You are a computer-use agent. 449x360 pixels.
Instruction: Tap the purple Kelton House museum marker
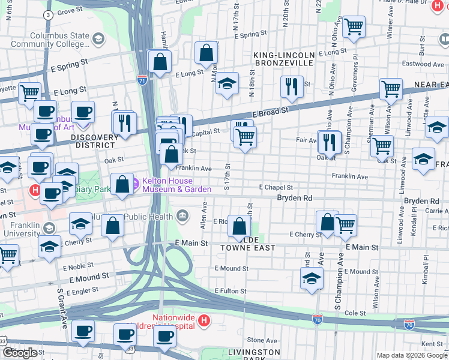135,182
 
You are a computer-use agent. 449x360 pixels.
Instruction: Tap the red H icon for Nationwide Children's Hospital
204,320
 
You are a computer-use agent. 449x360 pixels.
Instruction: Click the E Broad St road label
270,112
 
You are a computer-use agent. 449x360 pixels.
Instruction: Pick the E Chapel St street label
276,187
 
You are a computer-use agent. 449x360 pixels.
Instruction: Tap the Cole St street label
355,313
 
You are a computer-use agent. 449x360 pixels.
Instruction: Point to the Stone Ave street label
262,340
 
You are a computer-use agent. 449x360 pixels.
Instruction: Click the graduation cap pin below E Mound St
311,278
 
